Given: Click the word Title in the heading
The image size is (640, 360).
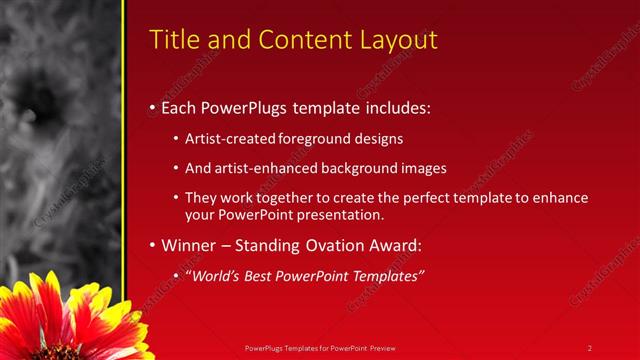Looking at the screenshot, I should pyautogui.click(x=172, y=40).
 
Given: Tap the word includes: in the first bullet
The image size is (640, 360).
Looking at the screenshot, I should pyautogui.click(x=400, y=107).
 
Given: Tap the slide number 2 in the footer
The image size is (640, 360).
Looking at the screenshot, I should pyautogui.click(x=589, y=347).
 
